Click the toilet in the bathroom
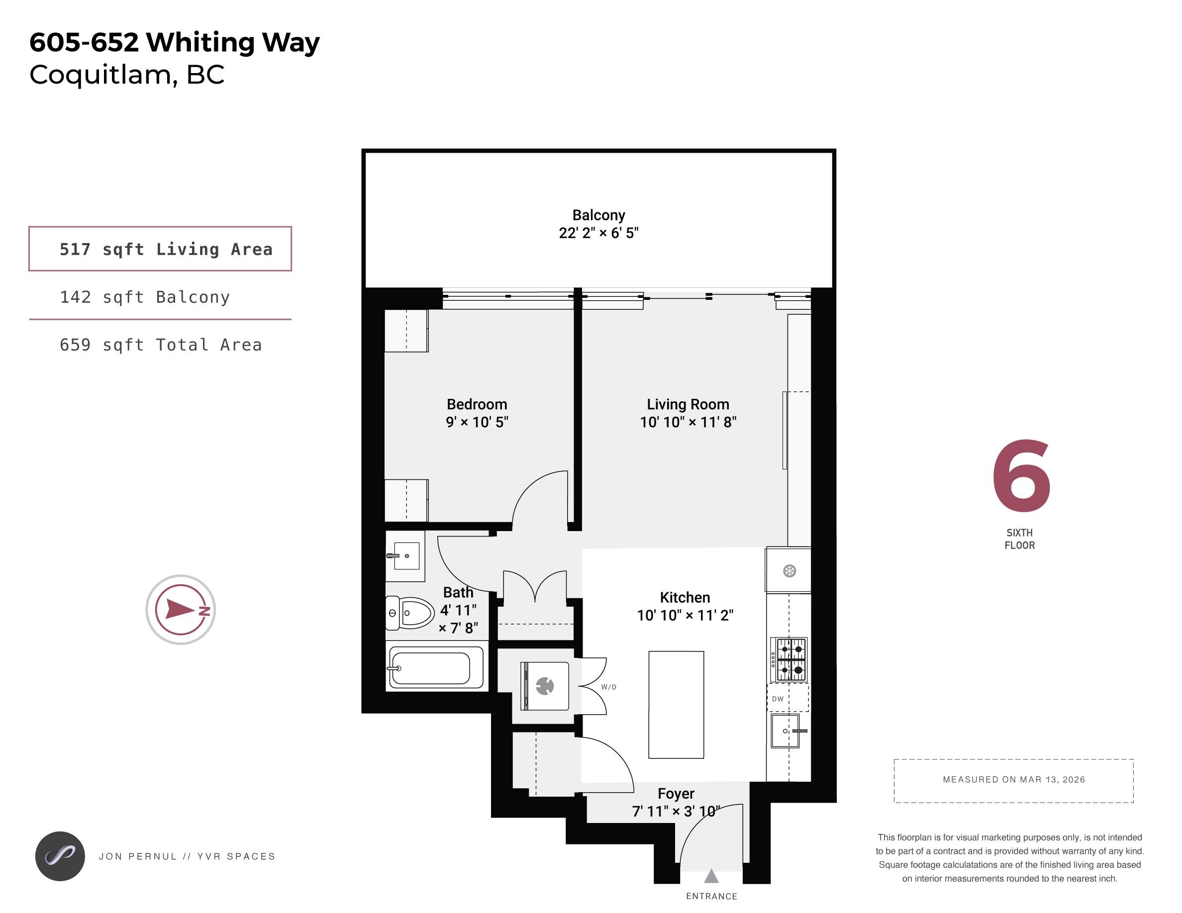[x=410, y=613]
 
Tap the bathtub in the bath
[x=436, y=667]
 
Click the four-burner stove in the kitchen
[x=789, y=659]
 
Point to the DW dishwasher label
[x=778, y=699]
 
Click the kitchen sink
[x=788, y=730]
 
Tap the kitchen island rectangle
[x=676, y=705]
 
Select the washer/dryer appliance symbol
[x=544, y=686]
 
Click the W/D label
[x=609, y=687]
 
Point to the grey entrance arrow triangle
[x=711, y=876]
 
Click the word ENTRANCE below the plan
[x=712, y=896]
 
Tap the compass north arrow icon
[x=181, y=610]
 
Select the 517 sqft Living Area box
[x=160, y=249]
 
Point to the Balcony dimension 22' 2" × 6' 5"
[x=598, y=233]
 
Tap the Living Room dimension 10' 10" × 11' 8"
[x=688, y=422]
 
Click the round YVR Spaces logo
[x=60, y=856]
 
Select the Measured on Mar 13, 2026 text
[x=1014, y=779]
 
